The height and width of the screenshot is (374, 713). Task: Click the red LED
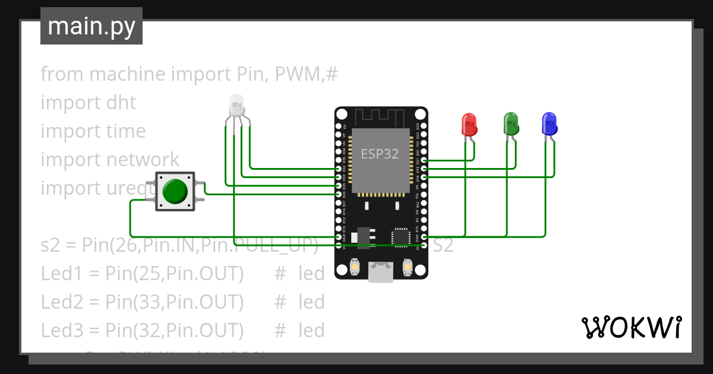coord(469,125)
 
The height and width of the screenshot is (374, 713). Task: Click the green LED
coord(510,123)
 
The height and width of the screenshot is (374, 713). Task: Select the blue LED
coord(550,123)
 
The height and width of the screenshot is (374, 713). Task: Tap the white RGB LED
coord(236,105)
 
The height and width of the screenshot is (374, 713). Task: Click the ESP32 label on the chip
coord(380,154)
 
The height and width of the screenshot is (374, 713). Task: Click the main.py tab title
coord(92,26)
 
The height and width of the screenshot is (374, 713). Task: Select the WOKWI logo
coord(631,327)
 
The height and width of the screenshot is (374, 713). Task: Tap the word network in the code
coord(143,160)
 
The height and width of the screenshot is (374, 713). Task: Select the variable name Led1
coord(61,274)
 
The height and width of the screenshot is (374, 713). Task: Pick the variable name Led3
coord(61,330)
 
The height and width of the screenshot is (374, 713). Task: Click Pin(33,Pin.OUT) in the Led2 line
coord(174,302)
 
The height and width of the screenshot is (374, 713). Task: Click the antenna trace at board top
coord(381,117)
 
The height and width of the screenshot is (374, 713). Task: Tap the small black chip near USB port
coord(401,236)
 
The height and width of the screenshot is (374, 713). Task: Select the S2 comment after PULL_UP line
coord(443,245)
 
